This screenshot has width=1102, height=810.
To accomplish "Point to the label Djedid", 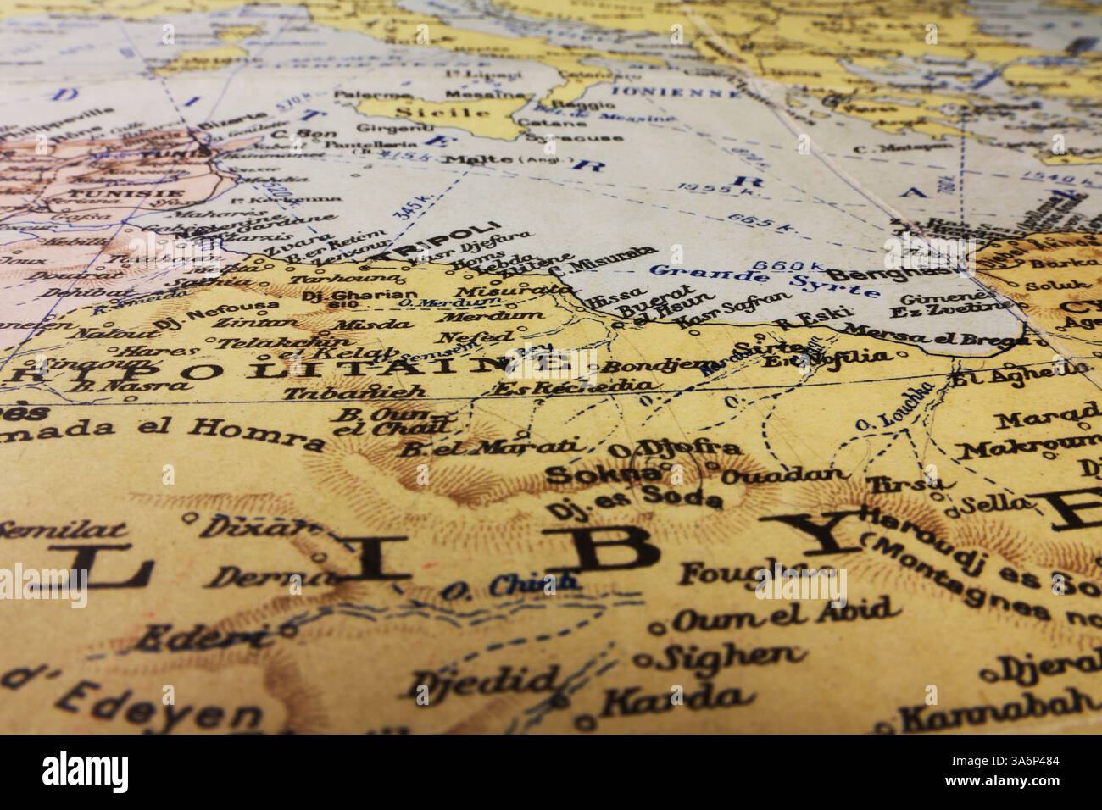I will pyautogui.click(x=484, y=680).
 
